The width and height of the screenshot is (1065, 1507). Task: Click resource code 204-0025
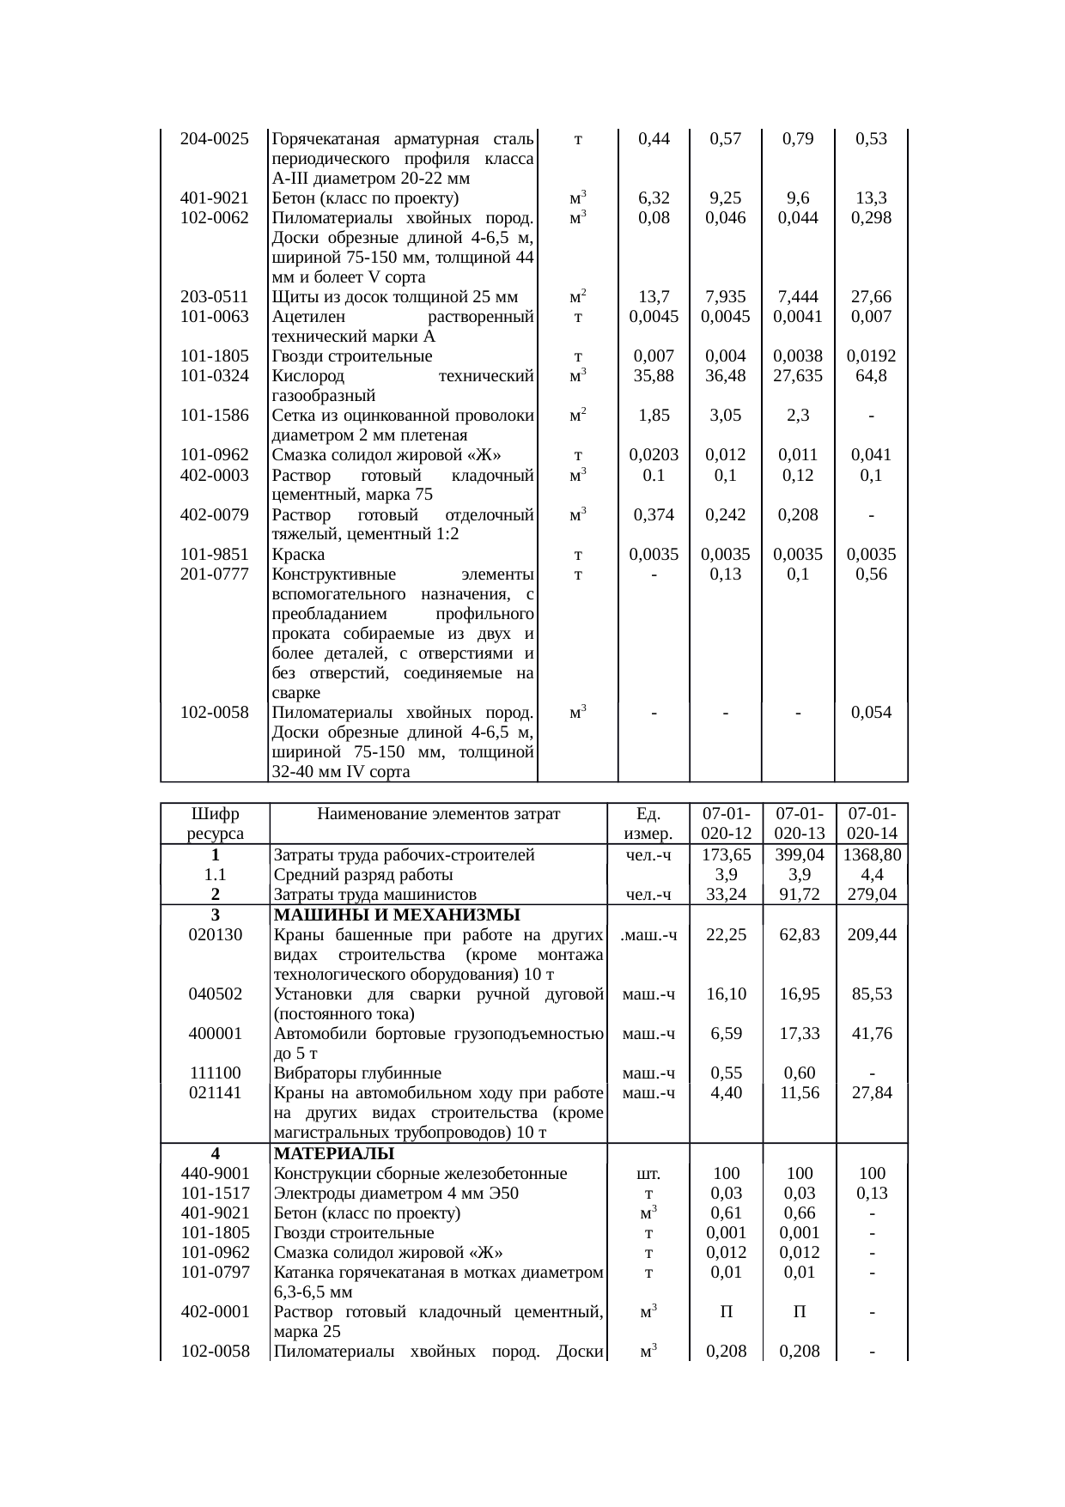[x=214, y=139]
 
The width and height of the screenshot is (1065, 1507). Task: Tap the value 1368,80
[x=871, y=855]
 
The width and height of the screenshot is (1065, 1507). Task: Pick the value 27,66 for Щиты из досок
[x=871, y=297]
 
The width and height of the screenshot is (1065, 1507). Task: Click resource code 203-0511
[x=214, y=297]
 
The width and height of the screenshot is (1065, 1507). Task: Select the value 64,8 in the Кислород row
[x=871, y=376]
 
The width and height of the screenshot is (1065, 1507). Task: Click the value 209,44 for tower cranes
[x=871, y=934]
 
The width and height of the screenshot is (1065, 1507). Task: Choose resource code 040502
[x=215, y=994]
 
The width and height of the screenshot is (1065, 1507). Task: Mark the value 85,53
[x=871, y=994]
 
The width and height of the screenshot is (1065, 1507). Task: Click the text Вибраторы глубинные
[x=357, y=1073]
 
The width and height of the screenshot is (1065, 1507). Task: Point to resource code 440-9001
[x=215, y=1173]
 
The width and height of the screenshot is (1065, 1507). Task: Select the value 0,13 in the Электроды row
[x=871, y=1193]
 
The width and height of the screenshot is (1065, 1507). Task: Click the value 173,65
[x=726, y=855]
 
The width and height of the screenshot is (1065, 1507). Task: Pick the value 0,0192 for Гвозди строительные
[x=871, y=356]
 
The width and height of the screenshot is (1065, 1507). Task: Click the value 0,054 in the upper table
[x=871, y=713]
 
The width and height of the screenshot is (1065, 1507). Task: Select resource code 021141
[x=215, y=1093]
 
